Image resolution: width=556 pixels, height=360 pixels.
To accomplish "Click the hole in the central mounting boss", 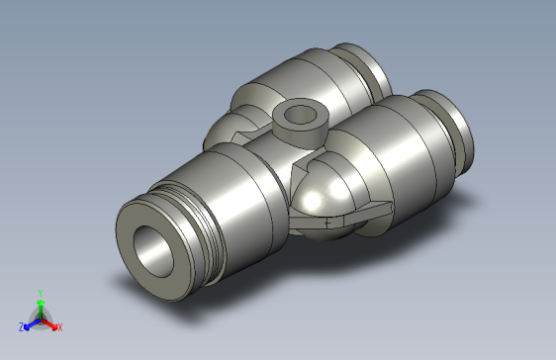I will (x=296, y=116).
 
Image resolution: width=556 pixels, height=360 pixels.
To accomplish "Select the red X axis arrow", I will (x=50, y=322).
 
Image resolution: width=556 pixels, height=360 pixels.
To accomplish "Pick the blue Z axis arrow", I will (x=30, y=323).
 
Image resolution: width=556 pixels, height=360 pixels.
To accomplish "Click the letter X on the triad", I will (x=59, y=326).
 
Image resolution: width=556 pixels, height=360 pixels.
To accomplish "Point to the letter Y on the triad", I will (x=40, y=293).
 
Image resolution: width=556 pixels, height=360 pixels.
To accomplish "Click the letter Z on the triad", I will (x=21, y=326).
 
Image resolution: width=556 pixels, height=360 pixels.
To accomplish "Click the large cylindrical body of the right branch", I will (x=406, y=158).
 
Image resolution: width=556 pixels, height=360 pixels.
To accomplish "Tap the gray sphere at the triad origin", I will (x=40, y=319).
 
